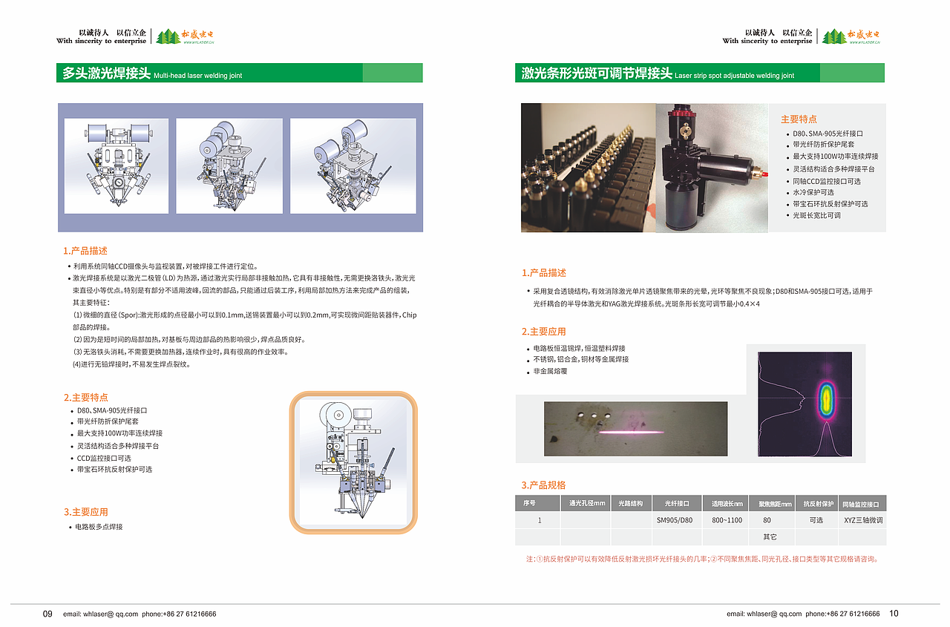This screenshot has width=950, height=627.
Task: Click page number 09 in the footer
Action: click(47, 614)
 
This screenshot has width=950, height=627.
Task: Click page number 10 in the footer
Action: click(894, 614)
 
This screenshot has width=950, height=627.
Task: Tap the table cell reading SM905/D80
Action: click(675, 520)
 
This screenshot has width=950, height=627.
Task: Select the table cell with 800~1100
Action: click(727, 520)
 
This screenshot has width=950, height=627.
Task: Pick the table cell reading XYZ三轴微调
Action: click(863, 520)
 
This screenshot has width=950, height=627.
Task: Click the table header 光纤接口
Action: click(677, 503)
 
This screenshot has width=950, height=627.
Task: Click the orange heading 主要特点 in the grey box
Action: click(799, 119)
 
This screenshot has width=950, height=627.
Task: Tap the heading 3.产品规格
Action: click(543, 485)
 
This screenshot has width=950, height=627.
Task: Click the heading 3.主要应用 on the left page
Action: click(85, 512)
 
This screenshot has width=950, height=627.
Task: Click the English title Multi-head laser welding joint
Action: click(198, 76)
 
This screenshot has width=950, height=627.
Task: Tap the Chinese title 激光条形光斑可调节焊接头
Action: click(597, 73)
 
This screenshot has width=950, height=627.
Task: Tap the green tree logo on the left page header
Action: click(167, 36)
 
